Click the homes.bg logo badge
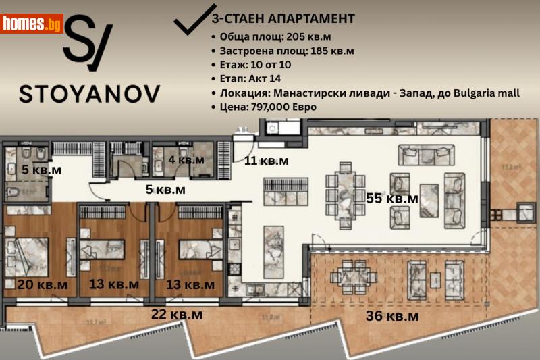[x=32, y=24]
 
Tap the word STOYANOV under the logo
[x=90, y=93]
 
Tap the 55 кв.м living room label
[x=392, y=199]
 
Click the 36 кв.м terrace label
[x=392, y=315]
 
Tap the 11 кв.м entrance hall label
[x=266, y=161]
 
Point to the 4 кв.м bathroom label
[x=186, y=160]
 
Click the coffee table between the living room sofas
[x=429, y=200]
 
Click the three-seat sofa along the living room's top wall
[x=423, y=155]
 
